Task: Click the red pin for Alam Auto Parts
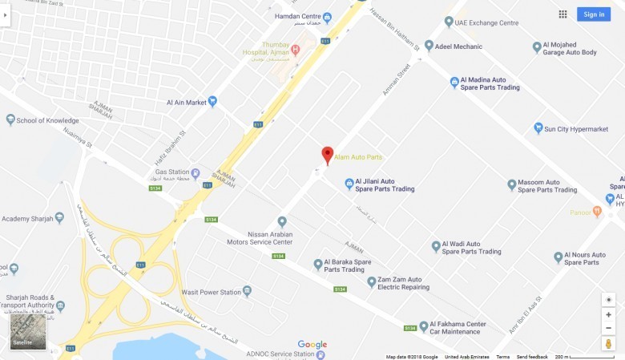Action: click(327, 155)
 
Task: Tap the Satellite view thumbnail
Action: click(28, 332)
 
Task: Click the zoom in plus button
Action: click(608, 315)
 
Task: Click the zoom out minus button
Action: click(608, 329)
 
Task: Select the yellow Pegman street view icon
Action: click(608, 344)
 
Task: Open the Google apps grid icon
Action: click(562, 14)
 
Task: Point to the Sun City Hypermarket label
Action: click(575, 128)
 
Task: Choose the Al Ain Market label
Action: click(187, 102)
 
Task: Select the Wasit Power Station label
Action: click(212, 292)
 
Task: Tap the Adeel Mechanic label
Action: click(458, 47)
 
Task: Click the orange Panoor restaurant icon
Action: click(597, 212)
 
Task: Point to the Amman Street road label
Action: click(395, 81)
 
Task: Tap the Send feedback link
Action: click(532, 357)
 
